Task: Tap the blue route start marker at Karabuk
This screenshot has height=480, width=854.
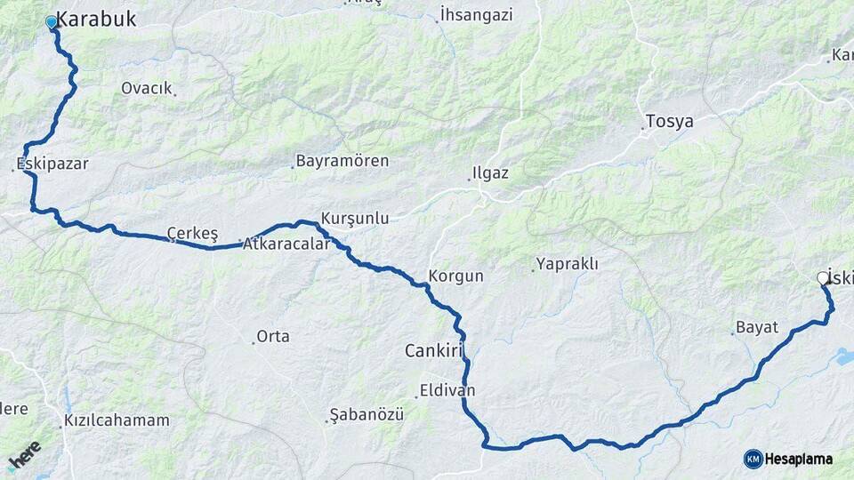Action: pyautogui.click(x=52, y=22)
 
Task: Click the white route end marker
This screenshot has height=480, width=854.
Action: pyautogui.click(x=823, y=278)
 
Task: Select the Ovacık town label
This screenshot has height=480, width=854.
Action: pyautogui.click(x=146, y=88)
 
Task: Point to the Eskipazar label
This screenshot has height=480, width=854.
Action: pyautogui.click(x=52, y=164)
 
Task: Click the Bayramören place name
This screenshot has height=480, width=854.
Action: pyautogui.click(x=342, y=162)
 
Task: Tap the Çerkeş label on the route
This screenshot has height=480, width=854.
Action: pyautogui.click(x=193, y=235)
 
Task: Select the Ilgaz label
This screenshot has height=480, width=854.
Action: pyautogui.click(x=491, y=173)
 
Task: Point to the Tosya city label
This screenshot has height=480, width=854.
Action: pyautogui.click(x=669, y=122)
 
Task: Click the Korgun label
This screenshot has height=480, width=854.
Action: pyautogui.click(x=455, y=276)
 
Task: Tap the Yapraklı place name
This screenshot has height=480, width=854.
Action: pyautogui.click(x=567, y=264)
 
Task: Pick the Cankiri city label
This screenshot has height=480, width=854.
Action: pyautogui.click(x=435, y=351)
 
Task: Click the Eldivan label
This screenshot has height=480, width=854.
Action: pyautogui.click(x=447, y=391)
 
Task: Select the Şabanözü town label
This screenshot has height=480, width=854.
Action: pyautogui.click(x=367, y=415)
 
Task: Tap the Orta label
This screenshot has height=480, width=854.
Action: pyautogui.click(x=272, y=337)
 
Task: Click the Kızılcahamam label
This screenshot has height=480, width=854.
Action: pyautogui.click(x=117, y=420)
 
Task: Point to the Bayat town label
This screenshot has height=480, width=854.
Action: pyautogui.click(x=757, y=328)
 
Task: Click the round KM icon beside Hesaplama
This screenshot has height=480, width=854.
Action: pyautogui.click(x=753, y=459)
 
